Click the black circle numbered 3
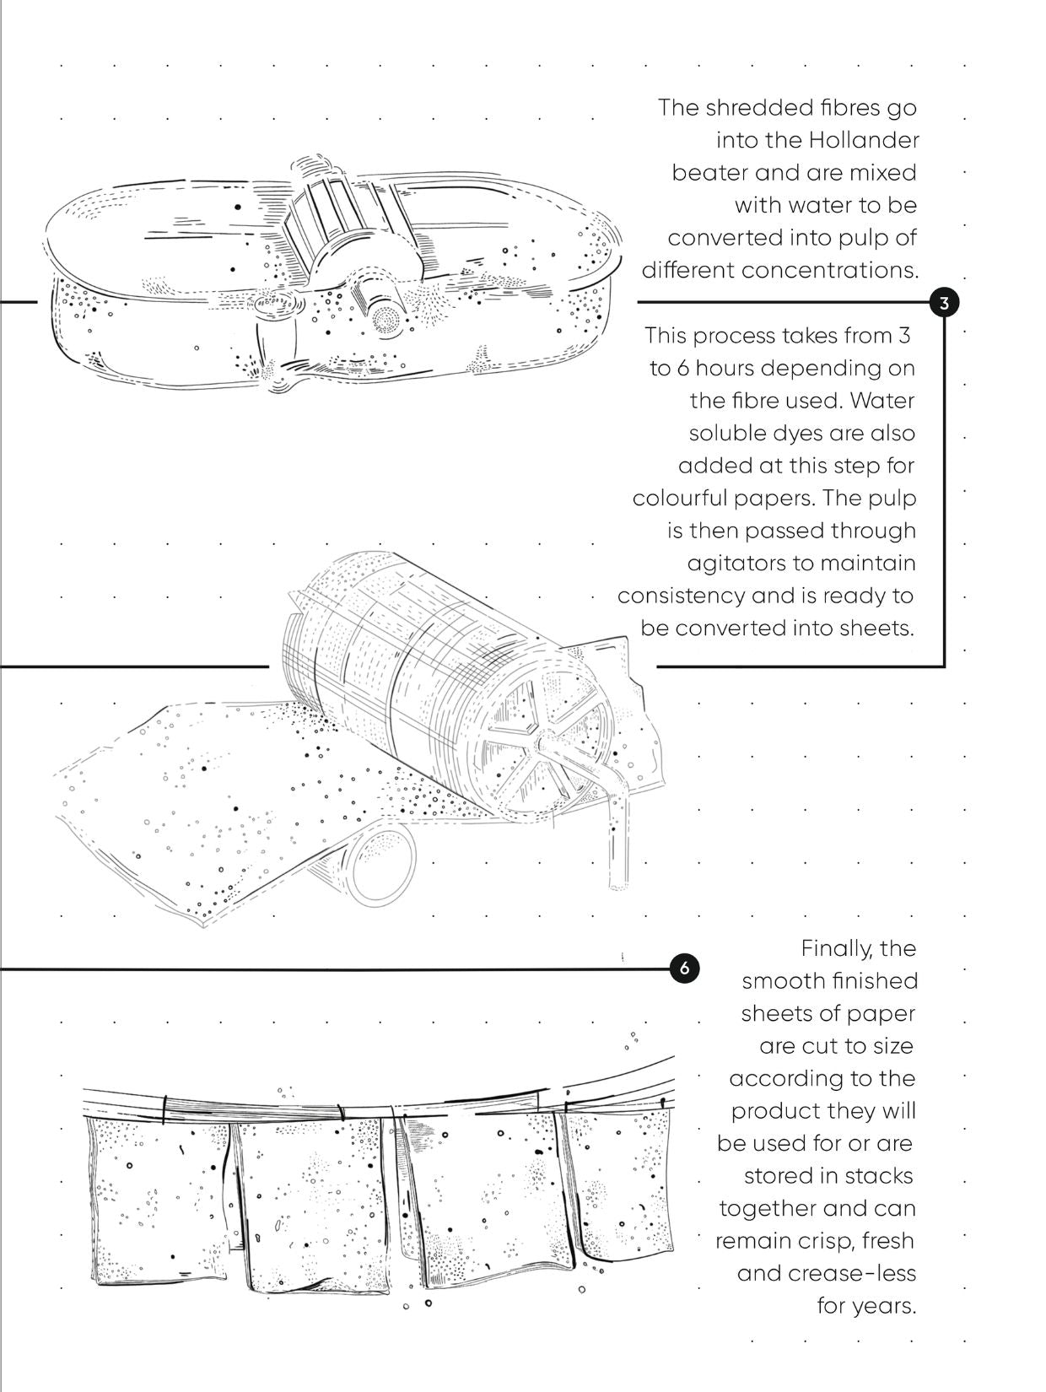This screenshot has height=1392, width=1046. (x=944, y=302)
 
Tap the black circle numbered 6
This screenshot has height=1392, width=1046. (x=684, y=968)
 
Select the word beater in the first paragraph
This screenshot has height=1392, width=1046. (x=709, y=173)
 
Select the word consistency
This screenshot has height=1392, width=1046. (x=681, y=596)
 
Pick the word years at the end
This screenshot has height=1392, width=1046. (x=882, y=1306)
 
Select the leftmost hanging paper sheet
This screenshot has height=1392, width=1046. (x=160, y=1198)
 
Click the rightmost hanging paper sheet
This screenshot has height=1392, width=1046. (x=620, y=1181)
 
